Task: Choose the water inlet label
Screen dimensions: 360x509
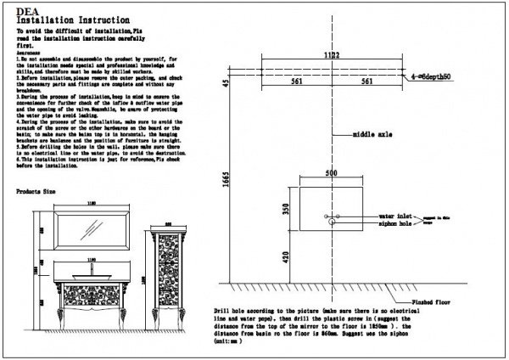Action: (x=396, y=217)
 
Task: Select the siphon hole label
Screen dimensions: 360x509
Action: (x=396, y=225)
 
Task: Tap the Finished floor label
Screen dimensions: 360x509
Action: (x=433, y=301)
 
